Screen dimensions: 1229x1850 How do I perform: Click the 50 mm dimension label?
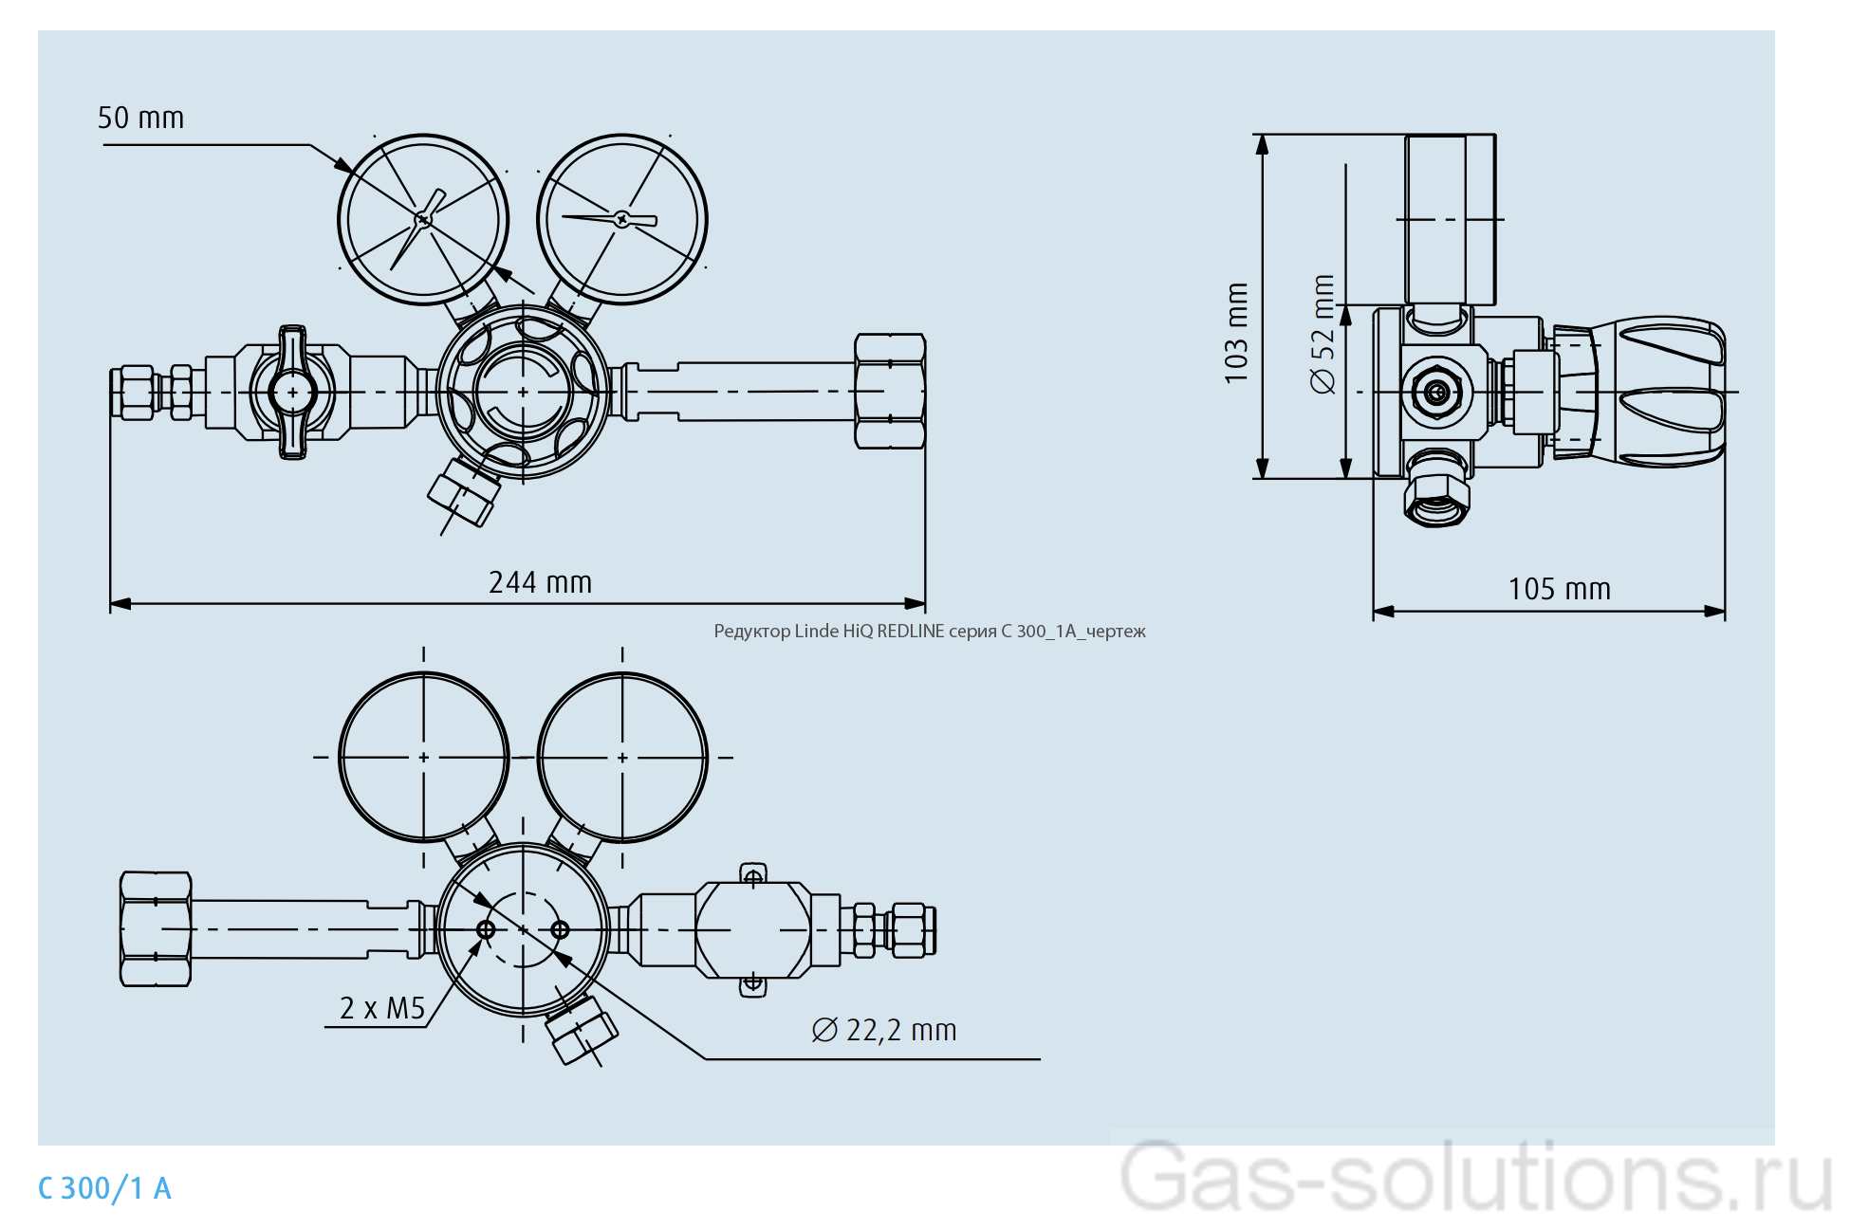140,118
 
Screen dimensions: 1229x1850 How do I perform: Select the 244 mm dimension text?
540,582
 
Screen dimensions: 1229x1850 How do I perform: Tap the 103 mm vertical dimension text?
1236,333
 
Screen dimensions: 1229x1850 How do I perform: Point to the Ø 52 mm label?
1323,334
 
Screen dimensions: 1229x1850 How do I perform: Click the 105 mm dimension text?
1559,589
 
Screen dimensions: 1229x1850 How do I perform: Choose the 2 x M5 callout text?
381,1008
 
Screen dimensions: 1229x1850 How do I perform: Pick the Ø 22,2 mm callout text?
884,1030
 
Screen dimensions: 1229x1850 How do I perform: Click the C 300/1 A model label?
104,1188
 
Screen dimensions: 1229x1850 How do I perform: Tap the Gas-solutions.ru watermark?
1474,1178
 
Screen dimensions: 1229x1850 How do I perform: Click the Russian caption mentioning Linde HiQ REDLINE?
929,632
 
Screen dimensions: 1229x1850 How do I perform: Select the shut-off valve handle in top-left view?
292,392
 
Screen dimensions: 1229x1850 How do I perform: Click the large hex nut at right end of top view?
889,391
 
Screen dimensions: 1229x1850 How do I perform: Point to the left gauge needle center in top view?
423,220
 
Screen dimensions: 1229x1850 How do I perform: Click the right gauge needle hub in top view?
621,219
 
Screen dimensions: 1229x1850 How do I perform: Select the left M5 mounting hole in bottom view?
486,929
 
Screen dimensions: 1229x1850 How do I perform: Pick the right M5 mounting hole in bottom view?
560,929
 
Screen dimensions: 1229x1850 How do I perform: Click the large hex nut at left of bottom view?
156,929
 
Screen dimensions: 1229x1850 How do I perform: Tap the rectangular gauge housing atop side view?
1450,219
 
